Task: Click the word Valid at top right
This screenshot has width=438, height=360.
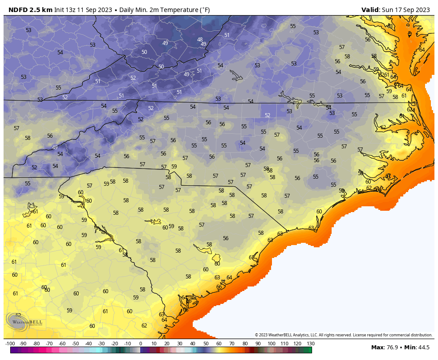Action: (x=370, y=10)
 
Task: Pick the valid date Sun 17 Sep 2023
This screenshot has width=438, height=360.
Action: (x=406, y=10)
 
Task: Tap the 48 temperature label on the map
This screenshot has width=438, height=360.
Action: (x=200, y=39)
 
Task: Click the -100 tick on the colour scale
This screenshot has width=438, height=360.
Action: (x=10, y=344)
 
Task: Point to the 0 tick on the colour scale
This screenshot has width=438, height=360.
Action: (x=141, y=344)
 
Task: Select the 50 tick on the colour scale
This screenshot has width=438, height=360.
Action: (x=206, y=344)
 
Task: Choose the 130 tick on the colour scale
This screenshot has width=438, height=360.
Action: (x=310, y=344)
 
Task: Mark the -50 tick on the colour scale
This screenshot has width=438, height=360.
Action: (x=75, y=344)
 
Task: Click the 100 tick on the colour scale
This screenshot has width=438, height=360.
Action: (x=271, y=344)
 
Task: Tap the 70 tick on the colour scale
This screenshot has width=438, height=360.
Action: (x=232, y=344)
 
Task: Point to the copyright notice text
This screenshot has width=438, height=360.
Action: (x=343, y=335)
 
